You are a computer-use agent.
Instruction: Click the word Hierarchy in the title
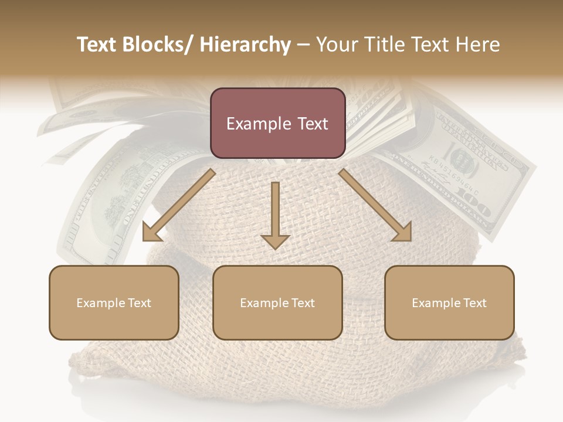[x=245, y=45]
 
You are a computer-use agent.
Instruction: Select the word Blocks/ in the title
[x=158, y=45]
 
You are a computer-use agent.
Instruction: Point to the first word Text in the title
[x=99, y=45]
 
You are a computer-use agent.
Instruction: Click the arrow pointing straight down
[x=275, y=214]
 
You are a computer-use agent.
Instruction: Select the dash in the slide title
[x=303, y=45]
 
